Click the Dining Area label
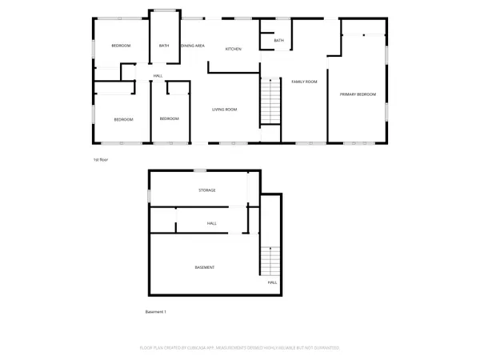193,46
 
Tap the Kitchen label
234,50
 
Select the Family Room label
304,82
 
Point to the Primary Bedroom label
358,94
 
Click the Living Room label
225,110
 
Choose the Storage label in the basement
208,190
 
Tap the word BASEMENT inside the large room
205,266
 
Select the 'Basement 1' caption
156,311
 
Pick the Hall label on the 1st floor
158,77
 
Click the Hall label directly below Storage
212,223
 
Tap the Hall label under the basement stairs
272,282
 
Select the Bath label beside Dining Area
164,46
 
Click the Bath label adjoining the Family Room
279,41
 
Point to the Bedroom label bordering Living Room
170,119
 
